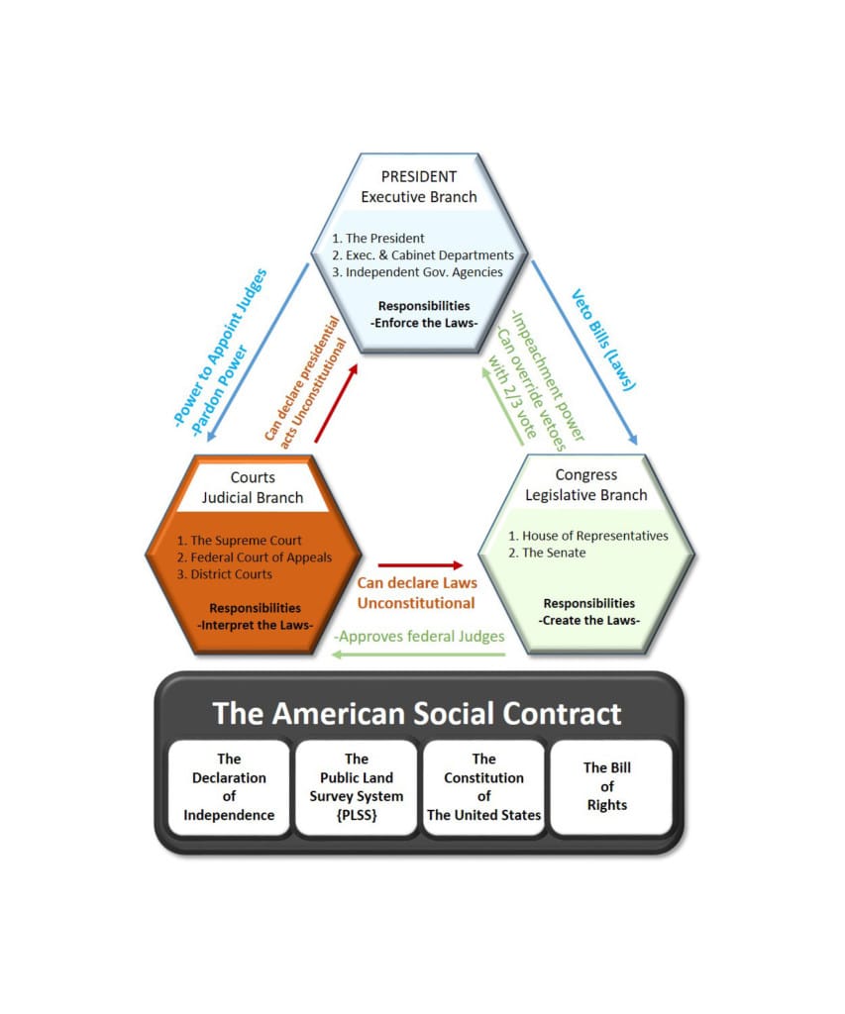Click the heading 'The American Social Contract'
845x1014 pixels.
click(x=417, y=713)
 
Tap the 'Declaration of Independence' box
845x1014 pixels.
click(x=229, y=787)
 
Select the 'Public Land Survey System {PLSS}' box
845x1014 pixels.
click(x=356, y=787)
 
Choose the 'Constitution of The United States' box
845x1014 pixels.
click(x=484, y=787)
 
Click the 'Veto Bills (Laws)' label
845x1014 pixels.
click(x=603, y=341)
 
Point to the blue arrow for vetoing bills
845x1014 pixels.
click(x=584, y=354)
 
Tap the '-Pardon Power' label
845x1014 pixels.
click(x=220, y=390)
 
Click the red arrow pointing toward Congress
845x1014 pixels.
click(x=421, y=565)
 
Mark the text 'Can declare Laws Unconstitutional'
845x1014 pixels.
click(x=417, y=593)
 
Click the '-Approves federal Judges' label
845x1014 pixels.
click(x=419, y=637)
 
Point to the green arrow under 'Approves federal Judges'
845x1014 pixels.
click(x=418, y=655)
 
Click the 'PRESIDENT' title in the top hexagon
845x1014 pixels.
click(x=419, y=176)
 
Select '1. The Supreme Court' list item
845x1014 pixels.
click(x=240, y=540)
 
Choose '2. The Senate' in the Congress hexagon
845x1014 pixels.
click(x=547, y=553)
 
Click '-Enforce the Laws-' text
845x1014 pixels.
click(x=424, y=323)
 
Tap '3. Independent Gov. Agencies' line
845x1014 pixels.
click(x=417, y=272)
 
